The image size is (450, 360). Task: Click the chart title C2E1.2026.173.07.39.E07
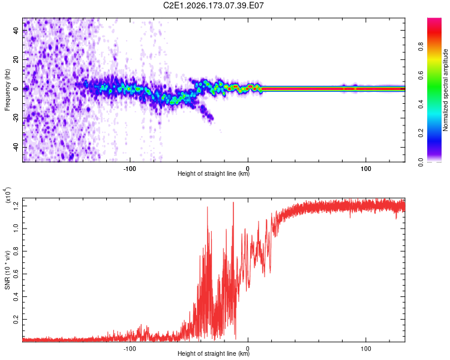(x=213, y=5)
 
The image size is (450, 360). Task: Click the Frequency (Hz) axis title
(x=7, y=90)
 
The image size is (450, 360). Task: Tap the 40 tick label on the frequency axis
(x=16, y=30)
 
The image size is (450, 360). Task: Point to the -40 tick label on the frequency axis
(x=16, y=148)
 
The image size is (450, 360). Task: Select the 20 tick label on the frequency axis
(x=16, y=59)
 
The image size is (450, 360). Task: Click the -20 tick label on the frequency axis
(x=16, y=118)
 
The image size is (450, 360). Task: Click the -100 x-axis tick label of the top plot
(x=130, y=169)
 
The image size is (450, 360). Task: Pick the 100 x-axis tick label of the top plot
(x=365, y=169)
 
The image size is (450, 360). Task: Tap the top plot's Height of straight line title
(x=214, y=173)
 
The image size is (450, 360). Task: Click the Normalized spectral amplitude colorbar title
(x=445, y=90)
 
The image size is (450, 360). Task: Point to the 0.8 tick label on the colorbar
(x=421, y=47)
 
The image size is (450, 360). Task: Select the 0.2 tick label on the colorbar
(x=421, y=133)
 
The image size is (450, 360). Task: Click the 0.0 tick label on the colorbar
(x=421, y=162)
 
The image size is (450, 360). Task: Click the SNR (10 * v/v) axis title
(x=7, y=270)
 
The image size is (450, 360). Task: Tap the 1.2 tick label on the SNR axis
(x=16, y=206)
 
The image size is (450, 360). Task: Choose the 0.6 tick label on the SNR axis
(x=16, y=274)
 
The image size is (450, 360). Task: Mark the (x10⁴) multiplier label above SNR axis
(x=8, y=195)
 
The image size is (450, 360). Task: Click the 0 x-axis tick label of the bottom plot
(x=248, y=349)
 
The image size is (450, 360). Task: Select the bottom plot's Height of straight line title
(x=214, y=353)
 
